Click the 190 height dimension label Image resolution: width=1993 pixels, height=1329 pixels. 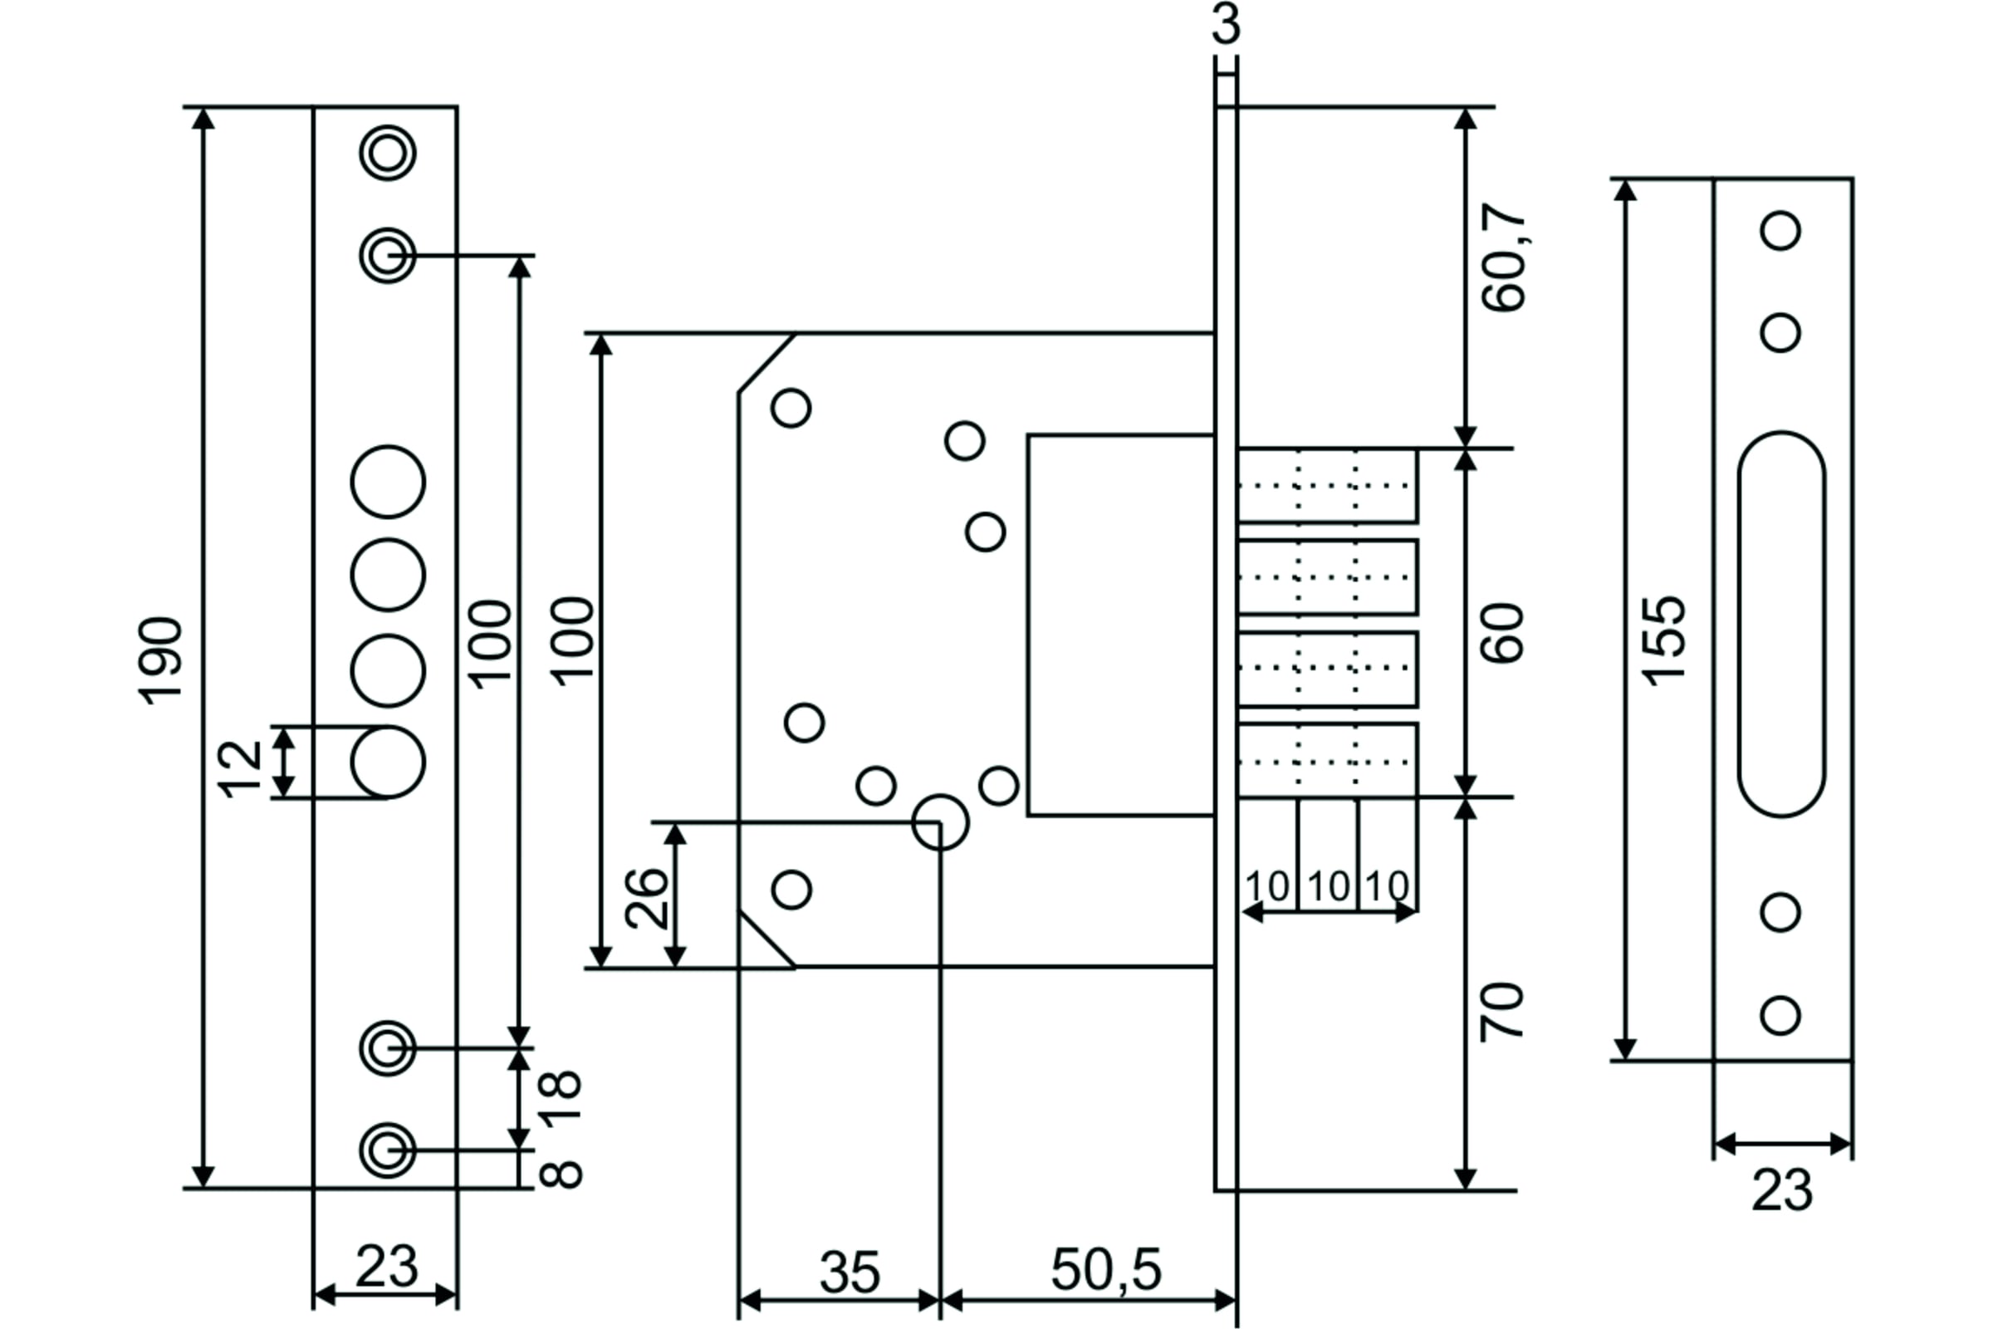[160, 660]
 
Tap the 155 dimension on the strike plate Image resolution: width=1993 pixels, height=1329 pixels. [1663, 640]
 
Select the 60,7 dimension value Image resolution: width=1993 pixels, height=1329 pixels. [1504, 257]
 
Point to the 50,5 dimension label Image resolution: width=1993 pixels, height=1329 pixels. [1106, 1270]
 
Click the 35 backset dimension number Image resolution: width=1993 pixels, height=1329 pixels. [850, 1273]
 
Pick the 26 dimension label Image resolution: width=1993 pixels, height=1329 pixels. [647, 898]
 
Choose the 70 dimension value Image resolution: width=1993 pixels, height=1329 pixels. [1501, 1012]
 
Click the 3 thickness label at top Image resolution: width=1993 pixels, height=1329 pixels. [1226, 24]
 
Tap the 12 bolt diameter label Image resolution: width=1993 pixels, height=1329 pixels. [241, 769]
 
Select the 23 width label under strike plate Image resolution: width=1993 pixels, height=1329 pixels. [1782, 1191]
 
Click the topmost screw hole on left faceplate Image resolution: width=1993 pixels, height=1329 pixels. [388, 154]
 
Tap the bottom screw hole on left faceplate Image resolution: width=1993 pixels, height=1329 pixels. [388, 1151]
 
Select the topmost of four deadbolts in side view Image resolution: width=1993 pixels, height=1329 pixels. [1328, 486]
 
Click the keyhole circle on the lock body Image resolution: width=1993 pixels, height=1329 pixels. [941, 822]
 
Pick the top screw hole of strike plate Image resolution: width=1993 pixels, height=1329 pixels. [1780, 231]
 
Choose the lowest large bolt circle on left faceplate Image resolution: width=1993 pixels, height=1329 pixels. [388, 762]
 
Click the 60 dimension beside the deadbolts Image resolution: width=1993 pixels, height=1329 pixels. [1503, 633]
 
